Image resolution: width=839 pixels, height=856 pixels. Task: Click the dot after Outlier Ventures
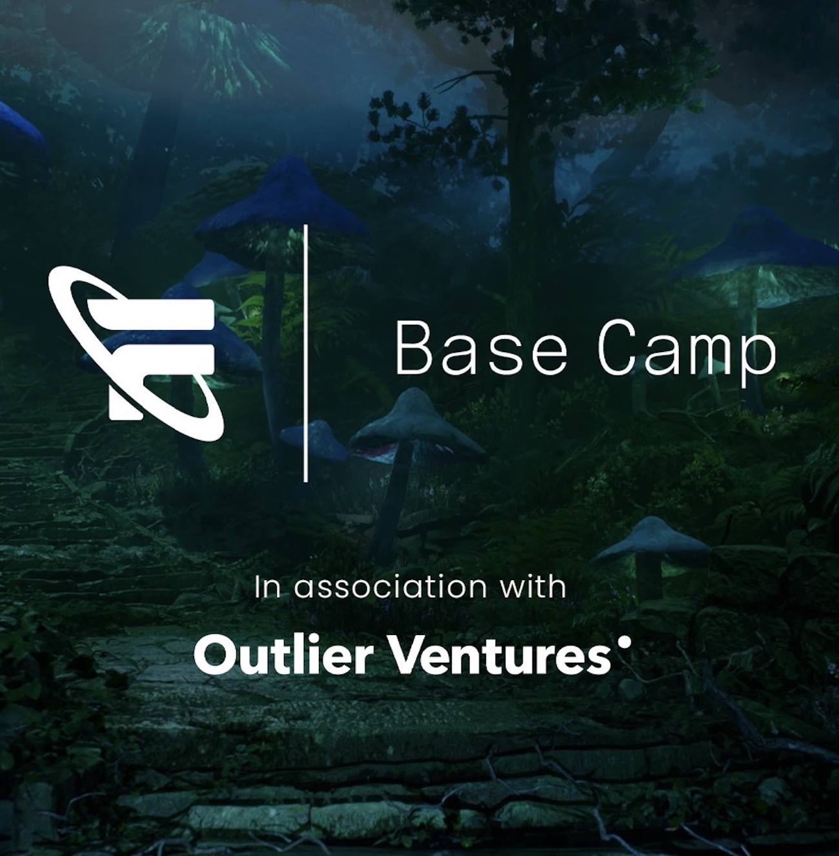pyautogui.click(x=622, y=643)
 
